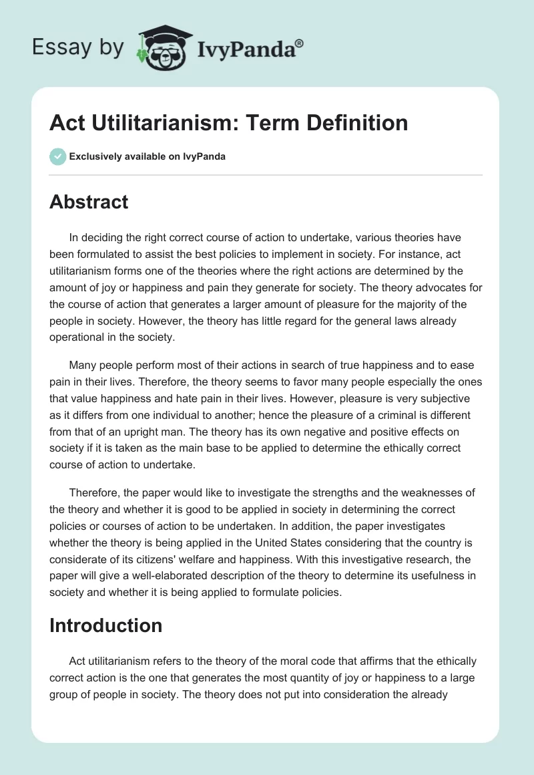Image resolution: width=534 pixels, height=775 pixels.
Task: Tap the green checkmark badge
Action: pyautogui.click(x=57, y=156)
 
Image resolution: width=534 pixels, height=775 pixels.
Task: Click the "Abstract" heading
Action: pyautogui.click(x=89, y=202)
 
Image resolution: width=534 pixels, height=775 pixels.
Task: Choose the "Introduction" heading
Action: pyautogui.click(x=106, y=625)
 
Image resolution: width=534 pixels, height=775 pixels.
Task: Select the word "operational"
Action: pyautogui.click(x=75, y=337)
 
